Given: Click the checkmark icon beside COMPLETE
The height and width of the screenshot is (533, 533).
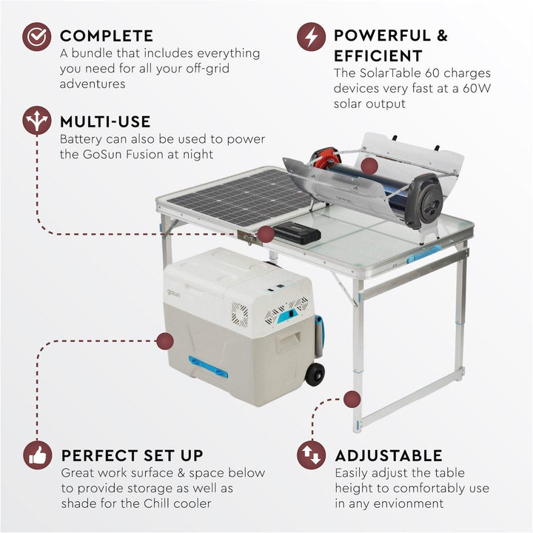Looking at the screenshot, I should [x=36, y=36].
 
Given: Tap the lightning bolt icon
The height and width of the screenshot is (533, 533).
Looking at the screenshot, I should [x=312, y=36].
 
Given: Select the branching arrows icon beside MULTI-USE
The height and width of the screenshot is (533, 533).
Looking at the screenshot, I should [x=36, y=121].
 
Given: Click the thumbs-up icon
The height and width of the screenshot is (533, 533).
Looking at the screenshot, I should [x=36, y=455].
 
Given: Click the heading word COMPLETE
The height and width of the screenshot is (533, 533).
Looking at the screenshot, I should [x=107, y=36].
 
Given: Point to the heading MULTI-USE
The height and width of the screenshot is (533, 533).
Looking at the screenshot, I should [x=105, y=121].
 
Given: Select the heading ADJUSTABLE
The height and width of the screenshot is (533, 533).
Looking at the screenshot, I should [x=389, y=455].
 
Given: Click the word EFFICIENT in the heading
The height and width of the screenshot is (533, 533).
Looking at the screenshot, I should [x=378, y=56].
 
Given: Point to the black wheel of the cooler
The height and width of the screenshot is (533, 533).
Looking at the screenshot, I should [x=315, y=374].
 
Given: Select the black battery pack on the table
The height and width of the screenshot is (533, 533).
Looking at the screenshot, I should [x=296, y=233].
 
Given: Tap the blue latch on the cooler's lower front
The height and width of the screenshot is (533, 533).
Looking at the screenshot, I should [x=208, y=366].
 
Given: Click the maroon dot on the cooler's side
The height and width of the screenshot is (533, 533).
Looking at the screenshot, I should [x=165, y=341].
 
